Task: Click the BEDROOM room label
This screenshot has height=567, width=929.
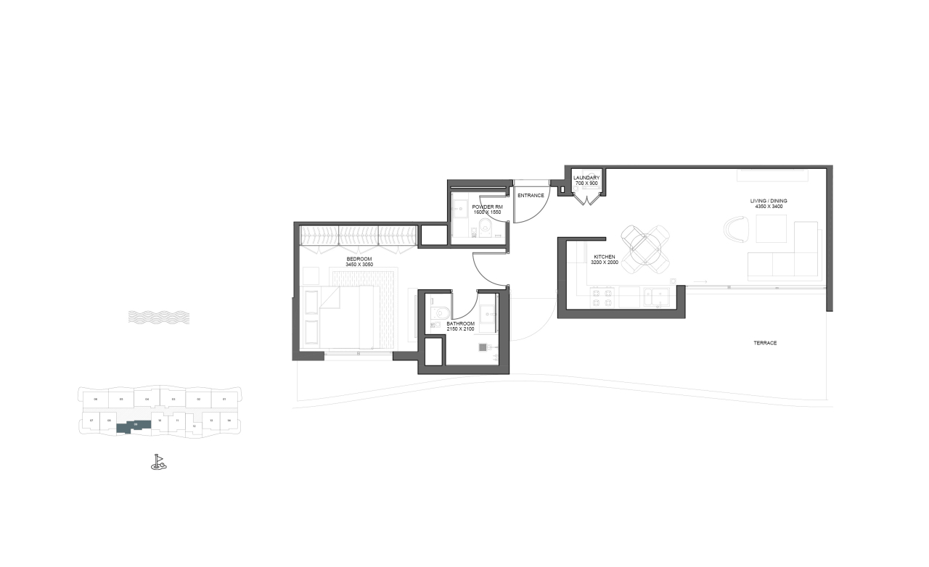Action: pos(359,259)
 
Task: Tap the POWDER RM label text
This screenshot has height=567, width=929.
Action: pos(487,207)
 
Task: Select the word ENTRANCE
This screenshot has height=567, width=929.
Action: pos(531,195)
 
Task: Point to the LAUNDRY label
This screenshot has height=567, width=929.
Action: pos(586,178)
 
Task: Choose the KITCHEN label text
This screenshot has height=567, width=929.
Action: pos(605,257)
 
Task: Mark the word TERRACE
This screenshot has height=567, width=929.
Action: pos(765,343)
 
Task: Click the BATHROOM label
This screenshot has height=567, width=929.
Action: pos(461,324)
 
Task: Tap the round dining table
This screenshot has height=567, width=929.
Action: pos(644,249)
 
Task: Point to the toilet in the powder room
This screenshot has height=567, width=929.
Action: pos(486,231)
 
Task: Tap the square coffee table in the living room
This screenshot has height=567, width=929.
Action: pos(771,229)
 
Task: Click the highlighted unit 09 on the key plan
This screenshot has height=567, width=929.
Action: pos(135,426)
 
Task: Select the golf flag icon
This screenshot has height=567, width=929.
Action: pos(158,462)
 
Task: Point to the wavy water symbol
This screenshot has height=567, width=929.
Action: pos(158,317)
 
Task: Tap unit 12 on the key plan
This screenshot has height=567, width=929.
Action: pos(194,426)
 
